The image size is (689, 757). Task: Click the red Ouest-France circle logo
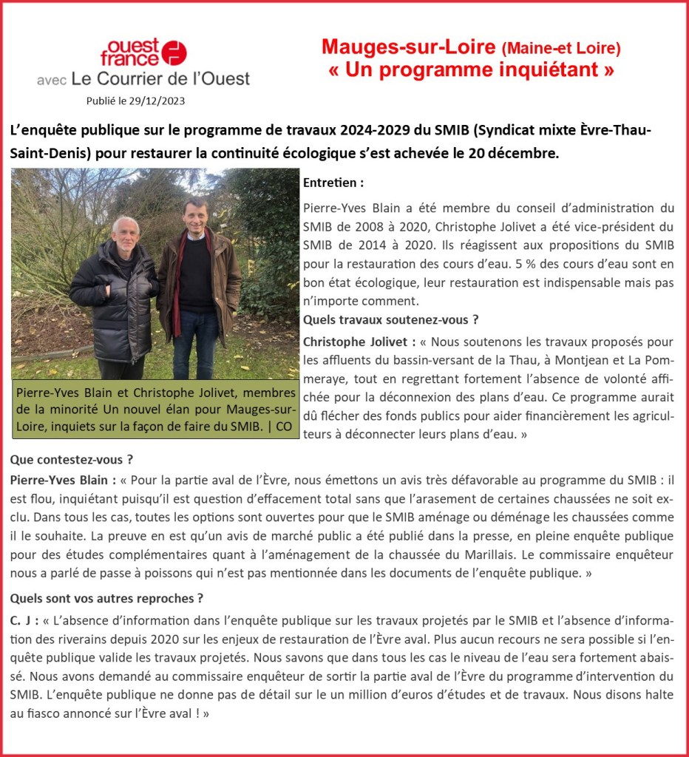[x=174, y=52]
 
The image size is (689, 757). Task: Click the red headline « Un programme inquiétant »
[x=472, y=71]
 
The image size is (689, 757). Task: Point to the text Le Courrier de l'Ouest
[x=162, y=78]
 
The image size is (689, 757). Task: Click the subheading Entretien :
[x=333, y=183]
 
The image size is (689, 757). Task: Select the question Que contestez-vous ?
[x=72, y=460]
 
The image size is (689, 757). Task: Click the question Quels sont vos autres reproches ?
[x=107, y=598]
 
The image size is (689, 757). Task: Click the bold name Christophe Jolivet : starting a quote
[x=359, y=342]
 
